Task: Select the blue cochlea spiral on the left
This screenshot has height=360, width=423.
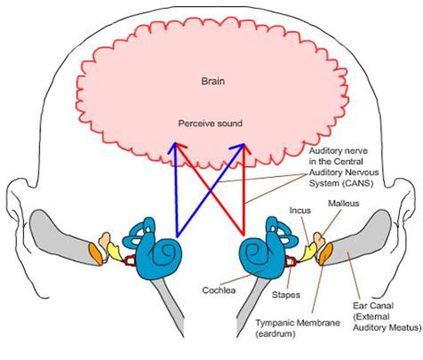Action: (x=164, y=255)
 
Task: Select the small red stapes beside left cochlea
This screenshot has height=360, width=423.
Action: (x=129, y=262)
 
